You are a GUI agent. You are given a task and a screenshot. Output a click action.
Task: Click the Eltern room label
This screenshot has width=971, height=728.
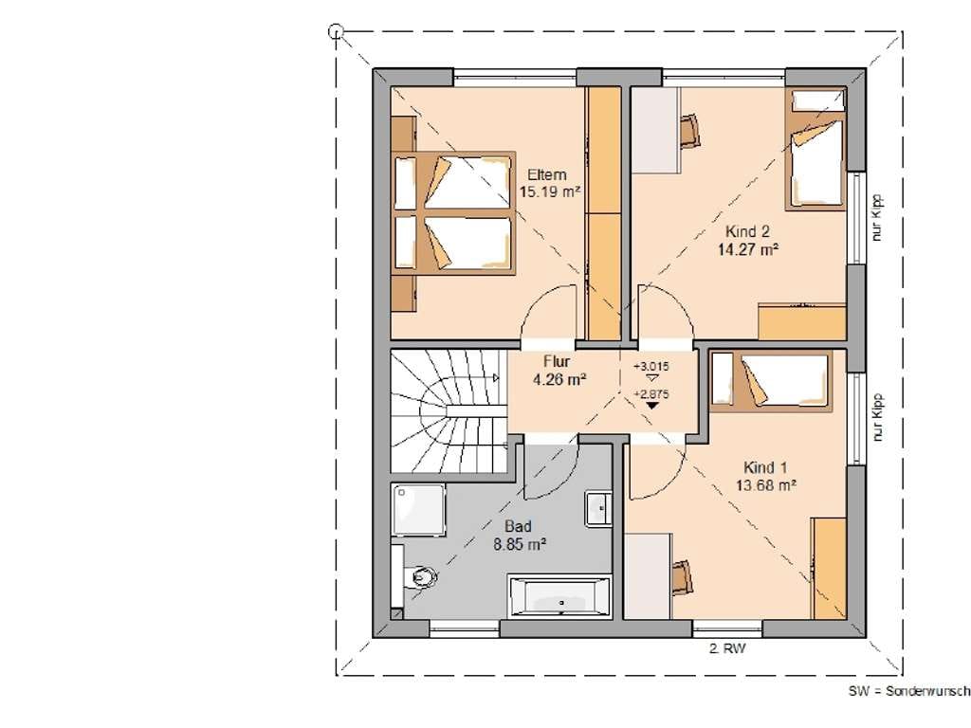547,174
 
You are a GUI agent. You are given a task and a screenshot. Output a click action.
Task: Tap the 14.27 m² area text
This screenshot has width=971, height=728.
748,249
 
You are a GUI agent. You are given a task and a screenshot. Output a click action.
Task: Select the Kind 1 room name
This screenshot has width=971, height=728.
765,467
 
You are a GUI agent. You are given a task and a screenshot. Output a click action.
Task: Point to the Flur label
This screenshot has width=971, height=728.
556,361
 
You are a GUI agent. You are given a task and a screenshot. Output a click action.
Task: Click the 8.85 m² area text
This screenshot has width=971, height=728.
519,545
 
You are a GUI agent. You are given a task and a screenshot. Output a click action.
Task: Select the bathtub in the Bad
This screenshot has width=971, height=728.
559,597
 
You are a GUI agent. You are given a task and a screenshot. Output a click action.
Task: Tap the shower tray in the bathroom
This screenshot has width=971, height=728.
418,510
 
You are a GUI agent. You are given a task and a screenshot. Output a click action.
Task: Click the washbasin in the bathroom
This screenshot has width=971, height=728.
598,509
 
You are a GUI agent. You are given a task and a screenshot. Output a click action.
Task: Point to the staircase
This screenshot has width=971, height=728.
449,411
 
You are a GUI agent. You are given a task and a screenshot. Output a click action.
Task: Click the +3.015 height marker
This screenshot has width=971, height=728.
650,366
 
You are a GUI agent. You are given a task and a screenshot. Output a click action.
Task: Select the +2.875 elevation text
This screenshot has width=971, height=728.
650,393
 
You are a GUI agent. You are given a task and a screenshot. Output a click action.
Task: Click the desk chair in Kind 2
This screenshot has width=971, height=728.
689,131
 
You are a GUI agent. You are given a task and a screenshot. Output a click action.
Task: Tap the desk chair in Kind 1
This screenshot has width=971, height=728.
683,576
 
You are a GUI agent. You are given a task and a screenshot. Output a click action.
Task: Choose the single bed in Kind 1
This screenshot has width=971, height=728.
770,381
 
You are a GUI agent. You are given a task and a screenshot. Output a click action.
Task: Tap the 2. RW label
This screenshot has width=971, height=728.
727,648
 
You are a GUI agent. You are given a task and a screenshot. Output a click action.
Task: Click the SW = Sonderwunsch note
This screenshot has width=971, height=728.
909,691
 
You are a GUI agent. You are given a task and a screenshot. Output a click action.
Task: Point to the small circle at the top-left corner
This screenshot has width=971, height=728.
336,30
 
